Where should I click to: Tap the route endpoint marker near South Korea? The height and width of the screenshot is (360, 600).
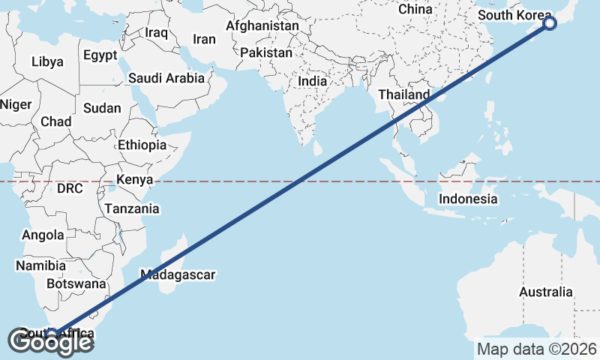click(x=550, y=23)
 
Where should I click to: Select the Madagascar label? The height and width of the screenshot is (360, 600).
click(x=178, y=274)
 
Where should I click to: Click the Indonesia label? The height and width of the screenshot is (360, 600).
click(x=468, y=199)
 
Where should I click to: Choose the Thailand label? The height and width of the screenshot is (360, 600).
click(x=404, y=94)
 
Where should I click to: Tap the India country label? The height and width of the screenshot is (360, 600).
click(x=313, y=81)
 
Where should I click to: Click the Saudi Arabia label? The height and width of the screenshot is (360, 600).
click(x=166, y=77)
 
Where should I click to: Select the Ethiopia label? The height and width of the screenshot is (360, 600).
click(x=142, y=145)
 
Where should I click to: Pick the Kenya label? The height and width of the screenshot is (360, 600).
click(x=135, y=180)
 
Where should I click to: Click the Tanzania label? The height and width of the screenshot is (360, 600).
click(x=132, y=208)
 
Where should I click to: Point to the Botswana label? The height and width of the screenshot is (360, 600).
click(x=76, y=284)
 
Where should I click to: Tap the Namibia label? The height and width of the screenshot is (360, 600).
click(x=40, y=265)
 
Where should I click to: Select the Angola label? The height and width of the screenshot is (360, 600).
click(x=43, y=235)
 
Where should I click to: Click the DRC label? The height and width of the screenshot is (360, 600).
click(x=70, y=188)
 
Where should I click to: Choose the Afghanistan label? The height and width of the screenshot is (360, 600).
click(x=262, y=25)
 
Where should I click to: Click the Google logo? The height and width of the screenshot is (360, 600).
click(x=51, y=342)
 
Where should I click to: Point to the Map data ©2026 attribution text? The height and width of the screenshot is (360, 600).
click(x=537, y=349)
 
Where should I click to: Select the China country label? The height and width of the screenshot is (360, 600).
click(x=415, y=9)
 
